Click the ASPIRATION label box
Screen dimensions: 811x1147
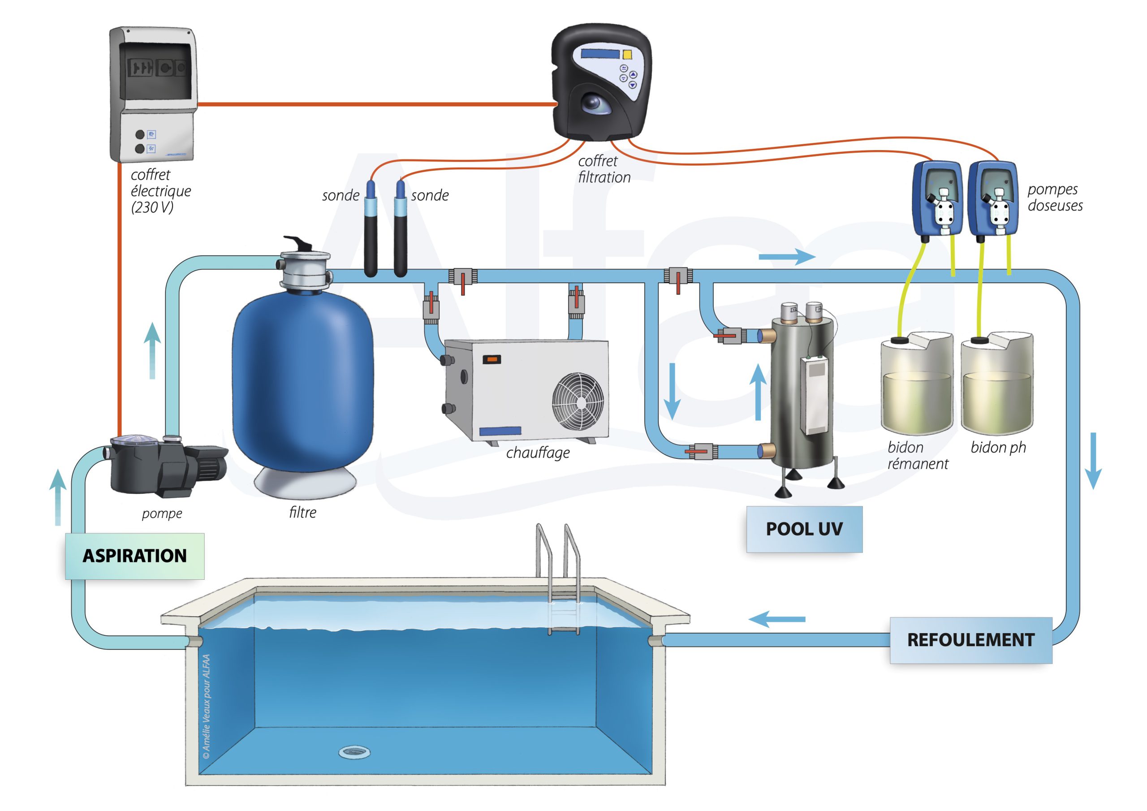coord(134,556)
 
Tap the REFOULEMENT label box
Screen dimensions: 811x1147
coord(970,640)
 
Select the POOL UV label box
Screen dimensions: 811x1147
coord(804,529)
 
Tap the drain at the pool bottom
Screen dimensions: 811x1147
coord(354,751)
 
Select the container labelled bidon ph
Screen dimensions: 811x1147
coord(996,385)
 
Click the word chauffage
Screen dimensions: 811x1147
coord(538,453)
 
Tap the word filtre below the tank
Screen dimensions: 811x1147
coord(303,512)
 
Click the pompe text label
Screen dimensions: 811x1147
coord(162,513)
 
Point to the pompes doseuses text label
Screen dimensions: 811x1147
coord(1055,198)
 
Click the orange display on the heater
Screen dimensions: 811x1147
coord(491,359)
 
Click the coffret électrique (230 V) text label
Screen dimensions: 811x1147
coord(160,191)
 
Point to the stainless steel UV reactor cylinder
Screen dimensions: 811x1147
coord(802,395)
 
